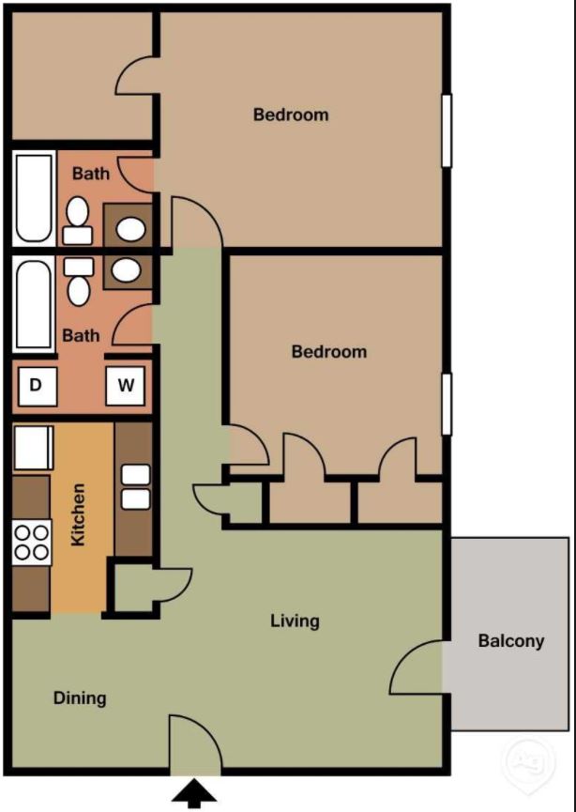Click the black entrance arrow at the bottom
[195, 794]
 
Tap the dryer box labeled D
[36, 385]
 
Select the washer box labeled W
[124, 385]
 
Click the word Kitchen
[80, 515]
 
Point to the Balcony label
[510, 641]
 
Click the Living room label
[295, 620]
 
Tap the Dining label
[80, 697]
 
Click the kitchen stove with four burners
[31, 543]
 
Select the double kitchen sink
[136, 486]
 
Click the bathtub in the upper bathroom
[34, 197]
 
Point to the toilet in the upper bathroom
[78, 218]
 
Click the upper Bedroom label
[291, 115]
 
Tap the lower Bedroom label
[328, 352]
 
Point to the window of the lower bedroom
[447, 404]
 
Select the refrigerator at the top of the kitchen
[33, 448]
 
